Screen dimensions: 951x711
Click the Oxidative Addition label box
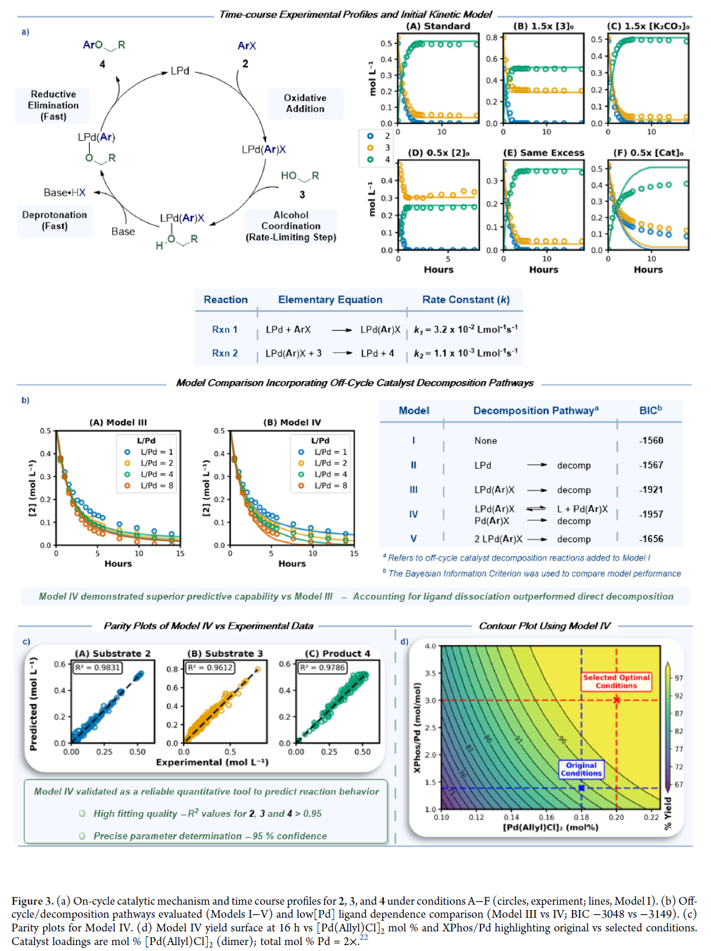pyautogui.click(x=305, y=103)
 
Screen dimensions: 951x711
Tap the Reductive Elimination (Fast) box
pyautogui.click(x=53, y=105)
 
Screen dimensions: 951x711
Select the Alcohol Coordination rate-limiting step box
pyautogui.click(x=291, y=226)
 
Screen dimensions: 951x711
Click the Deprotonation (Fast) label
pyautogui.click(x=55, y=220)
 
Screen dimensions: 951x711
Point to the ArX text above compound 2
pyautogui.click(x=247, y=46)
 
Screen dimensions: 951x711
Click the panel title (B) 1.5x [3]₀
pyautogui.click(x=543, y=26)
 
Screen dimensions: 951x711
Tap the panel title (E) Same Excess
pyautogui.click(x=543, y=153)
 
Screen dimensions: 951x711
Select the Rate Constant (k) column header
pyautogui.click(x=466, y=300)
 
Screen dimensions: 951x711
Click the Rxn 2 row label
pyautogui.click(x=225, y=353)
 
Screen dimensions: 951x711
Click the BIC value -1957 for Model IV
pyautogui.click(x=651, y=514)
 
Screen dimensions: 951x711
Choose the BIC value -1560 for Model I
pyautogui.click(x=651, y=440)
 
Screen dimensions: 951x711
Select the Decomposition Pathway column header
pyautogui.click(x=536, y=410)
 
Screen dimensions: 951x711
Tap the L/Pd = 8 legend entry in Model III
pyautogui.click(x=156, y=486)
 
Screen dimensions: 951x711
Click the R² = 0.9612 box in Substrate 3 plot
pyautogui.click(x=210, y=668)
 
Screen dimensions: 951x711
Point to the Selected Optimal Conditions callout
pyautogui.click(x=617, y=681)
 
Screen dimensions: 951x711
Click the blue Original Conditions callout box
pyautogui.click(x=581, y=769)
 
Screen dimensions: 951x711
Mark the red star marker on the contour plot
pyautogui.click(x=617, y=700)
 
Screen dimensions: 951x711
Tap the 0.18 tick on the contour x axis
pyautogui.click(x=581, y=817)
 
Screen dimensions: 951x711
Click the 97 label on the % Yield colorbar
pyautogui.click(x=678, y=678)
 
